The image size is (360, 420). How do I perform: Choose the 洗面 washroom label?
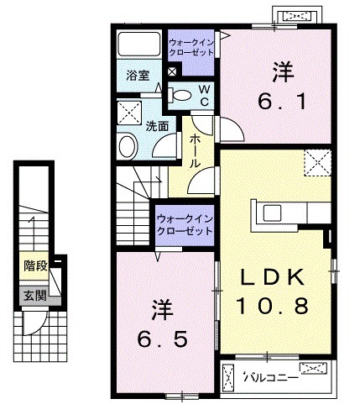click(x=157, y=127)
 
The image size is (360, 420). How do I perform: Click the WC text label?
click(x=204, y=95)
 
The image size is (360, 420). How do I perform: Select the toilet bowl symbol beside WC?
click(x=179, y=95)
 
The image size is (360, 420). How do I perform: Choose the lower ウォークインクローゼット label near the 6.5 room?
click(x=184, y=224)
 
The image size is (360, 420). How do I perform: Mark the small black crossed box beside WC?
click(x=172, y=73)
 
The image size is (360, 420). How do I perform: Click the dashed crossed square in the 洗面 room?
click(x=128, y=112)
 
